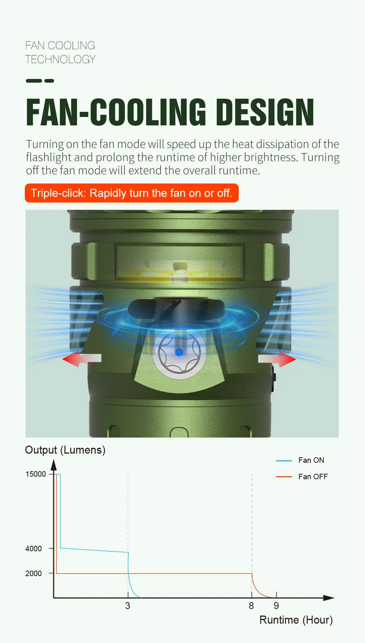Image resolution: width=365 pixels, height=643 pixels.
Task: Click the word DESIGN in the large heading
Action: click(x=265, y=112)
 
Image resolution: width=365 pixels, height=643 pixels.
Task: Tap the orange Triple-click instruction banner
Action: click(x=132, y=193)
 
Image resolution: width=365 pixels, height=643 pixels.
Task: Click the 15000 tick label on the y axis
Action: click(x=36, y=474)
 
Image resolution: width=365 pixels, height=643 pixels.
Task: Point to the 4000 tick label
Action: click(x=34, y=548)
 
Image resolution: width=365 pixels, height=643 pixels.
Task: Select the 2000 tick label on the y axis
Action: click(x=34, y=573)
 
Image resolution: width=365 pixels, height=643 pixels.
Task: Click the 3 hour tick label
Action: click(x=127, y=606)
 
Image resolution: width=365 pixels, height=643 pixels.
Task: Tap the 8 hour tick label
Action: click(x=251, y=606)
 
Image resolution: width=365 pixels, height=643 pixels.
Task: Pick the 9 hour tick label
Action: click(x=276, y=606)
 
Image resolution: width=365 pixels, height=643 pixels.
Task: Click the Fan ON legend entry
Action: click(x=300, y=460)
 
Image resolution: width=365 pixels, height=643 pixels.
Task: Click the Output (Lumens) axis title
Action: click(x=65, y=450)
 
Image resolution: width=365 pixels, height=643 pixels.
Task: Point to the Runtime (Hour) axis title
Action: click(x=296, y=620)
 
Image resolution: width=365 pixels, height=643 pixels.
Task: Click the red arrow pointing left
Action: click(x=82, y=359)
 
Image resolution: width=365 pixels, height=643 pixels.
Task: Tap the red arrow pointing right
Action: click(x=277, y=359)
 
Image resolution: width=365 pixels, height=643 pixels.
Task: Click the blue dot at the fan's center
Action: click(x=179, y=352)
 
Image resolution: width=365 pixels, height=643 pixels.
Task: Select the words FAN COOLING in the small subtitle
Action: click(x=60, y=45)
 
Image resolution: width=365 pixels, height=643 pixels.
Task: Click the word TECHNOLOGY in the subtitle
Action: click(x=61, y=59)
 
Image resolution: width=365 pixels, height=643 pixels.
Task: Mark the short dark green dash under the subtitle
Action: click(x=49, y=81)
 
